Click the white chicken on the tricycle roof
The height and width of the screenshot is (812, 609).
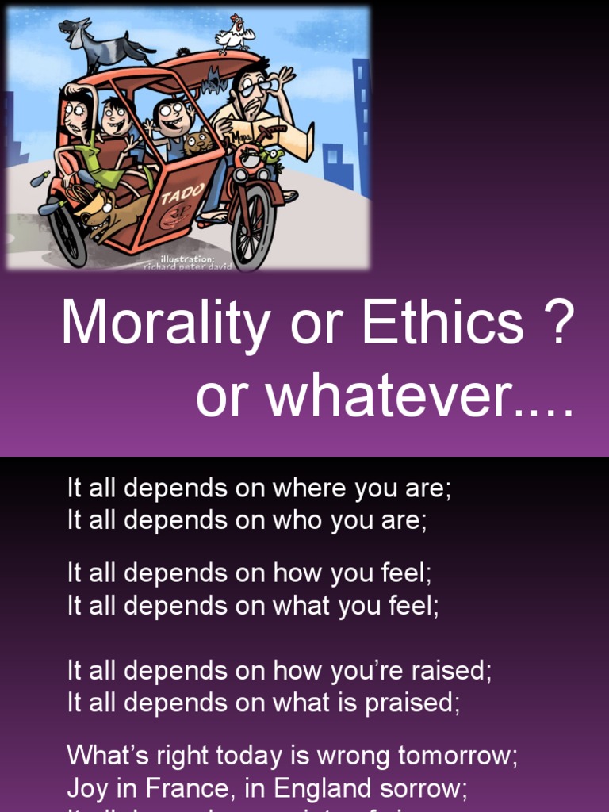[x=236, y=34]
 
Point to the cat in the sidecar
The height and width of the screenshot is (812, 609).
[x=197, y=144]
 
